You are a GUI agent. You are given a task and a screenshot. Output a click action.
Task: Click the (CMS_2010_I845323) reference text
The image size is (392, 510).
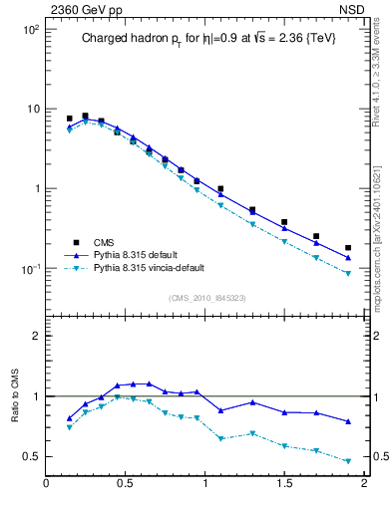200,298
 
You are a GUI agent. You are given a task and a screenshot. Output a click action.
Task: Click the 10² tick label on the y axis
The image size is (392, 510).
29,30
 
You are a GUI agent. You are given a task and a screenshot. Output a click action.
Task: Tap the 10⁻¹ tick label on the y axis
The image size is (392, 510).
29,269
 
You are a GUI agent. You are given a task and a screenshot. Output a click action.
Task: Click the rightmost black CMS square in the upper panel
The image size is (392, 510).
348,248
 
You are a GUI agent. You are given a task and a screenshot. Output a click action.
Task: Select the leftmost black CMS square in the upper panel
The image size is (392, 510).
69,119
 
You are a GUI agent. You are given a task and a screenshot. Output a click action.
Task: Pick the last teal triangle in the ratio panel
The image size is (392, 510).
348,461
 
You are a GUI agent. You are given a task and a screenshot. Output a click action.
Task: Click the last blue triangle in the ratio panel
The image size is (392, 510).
348,421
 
